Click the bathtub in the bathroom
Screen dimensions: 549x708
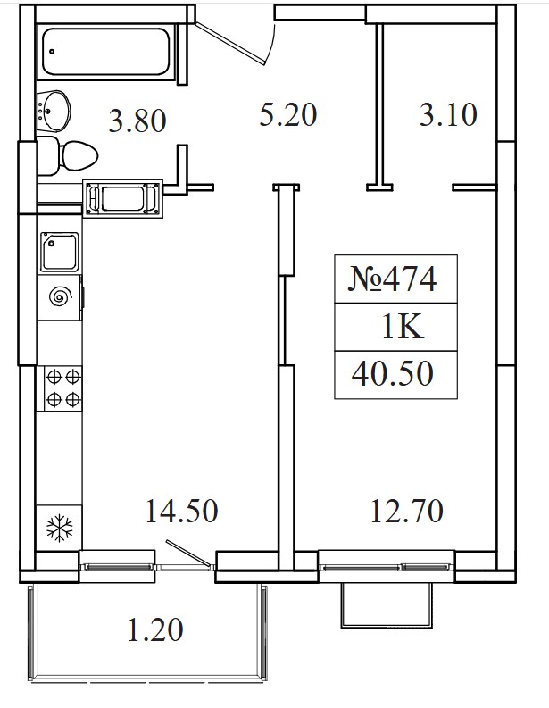pyautogui.click(x=106, y=52)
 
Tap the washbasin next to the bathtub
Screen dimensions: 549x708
pyautogui.click(x=54, y=111)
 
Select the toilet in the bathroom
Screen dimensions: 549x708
pyautogui.click(x=67, y=156)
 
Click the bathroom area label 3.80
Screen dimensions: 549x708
pyautogui.click(x=137, y=121)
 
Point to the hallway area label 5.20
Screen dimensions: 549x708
pyautogui.click(x=288, y=114)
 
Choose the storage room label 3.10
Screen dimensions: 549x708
pyautogui.click(x=448, y=114)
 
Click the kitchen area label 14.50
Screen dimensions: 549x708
pyautogui.click(x=182, y=511)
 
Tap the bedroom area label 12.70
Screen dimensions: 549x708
pyautogui.click(x=407, y=511)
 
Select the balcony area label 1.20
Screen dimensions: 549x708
pyautogui.click(x=155, y=630)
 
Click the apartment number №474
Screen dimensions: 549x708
pyautogui.click(x=393, y=279)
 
